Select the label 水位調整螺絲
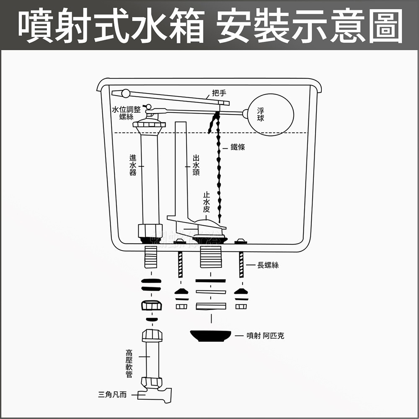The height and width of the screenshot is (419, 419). tap(126, 113)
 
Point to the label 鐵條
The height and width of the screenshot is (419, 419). tap(238, 147)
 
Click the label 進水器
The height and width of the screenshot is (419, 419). tap(132, 165)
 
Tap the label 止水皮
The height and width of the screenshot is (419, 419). tap(206, 202)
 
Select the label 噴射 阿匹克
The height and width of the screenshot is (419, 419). tap(265, 336)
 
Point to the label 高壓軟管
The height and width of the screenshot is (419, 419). tap(129, 363)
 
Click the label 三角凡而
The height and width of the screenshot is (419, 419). tap(112, 394)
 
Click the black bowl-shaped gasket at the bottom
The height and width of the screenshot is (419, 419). tap(210, 336)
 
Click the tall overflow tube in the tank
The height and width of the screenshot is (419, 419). tap(180, 168)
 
